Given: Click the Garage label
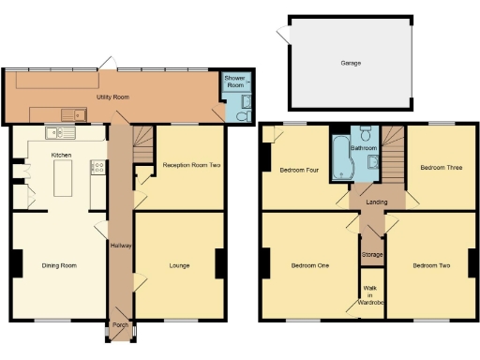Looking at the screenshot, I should pyautogui.click(x=351, y=64).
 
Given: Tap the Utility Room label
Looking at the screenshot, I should pyautogui.click(x=112, y=97).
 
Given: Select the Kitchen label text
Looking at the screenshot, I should pyautogui.click(x=62, y=155).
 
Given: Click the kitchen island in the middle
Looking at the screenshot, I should pyautogui.click(x=63, y=178).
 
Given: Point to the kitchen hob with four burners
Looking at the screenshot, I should pyautogui.click(x=97, y=168).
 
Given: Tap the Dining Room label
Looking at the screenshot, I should pyautogui.click(x=59, y=265).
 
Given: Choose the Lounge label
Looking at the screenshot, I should pyautogui.click(x=179, y=265).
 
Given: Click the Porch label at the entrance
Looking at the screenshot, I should pyautogui.click(x=120, y=326).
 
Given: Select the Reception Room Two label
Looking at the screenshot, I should pyautogui.click(x=190, y=165).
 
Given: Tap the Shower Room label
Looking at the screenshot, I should pyautogui.click(x=233, y=82).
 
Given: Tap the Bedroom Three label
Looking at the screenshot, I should pyautogui.click(x=440, y=168).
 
